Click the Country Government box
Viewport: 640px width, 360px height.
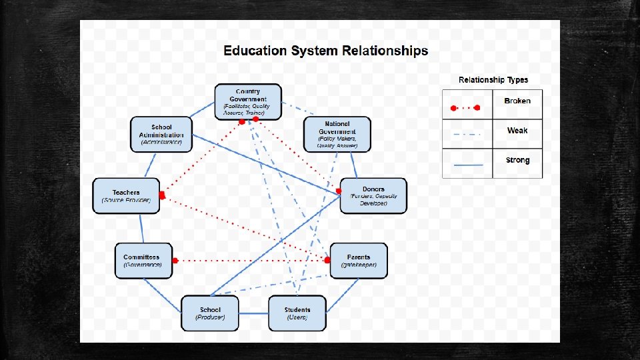[x=248, y=102]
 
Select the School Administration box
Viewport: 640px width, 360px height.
[x=161, y=135]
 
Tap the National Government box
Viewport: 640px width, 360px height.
[x=337, y=134]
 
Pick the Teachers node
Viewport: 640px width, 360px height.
[x=127, y=196]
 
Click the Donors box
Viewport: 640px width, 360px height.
[x=373, y=196]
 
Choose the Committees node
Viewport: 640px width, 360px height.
[x=143, y=261]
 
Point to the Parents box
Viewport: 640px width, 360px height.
[x=358, y=261]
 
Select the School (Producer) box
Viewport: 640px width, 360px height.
[x=210, y=313]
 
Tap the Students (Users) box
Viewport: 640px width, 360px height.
[x=297, y=313]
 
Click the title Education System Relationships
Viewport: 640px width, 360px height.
[x=325, y=51]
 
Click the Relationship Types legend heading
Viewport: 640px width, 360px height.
[x=493, y=80]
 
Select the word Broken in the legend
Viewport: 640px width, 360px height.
[x=517, y=101]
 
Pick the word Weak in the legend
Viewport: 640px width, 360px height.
[x=517, y=131]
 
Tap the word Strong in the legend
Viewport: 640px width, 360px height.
[x=517, y=160]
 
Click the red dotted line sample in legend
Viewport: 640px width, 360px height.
[x=467, y=106]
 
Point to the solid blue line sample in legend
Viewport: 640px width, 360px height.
[x=467, y=163]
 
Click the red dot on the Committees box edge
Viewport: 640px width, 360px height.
[x=175, y=260]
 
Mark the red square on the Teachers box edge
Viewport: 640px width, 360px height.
[x=161, y=195]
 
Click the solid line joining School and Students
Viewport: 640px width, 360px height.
[x=253, y=313]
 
